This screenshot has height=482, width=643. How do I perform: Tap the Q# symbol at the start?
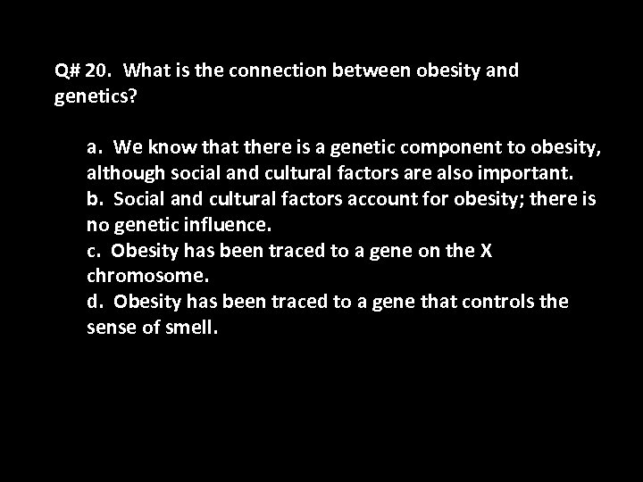tap(67, 71)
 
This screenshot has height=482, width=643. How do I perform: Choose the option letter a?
tap(92, 146)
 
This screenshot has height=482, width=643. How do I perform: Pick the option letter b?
tap(93, 198)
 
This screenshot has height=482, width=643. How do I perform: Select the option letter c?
tap(92, 251)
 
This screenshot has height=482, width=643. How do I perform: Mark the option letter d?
tap(93, 302)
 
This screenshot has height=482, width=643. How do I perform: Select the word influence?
tap(220, 224)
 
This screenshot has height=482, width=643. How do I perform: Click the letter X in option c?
tap(486, 251)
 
